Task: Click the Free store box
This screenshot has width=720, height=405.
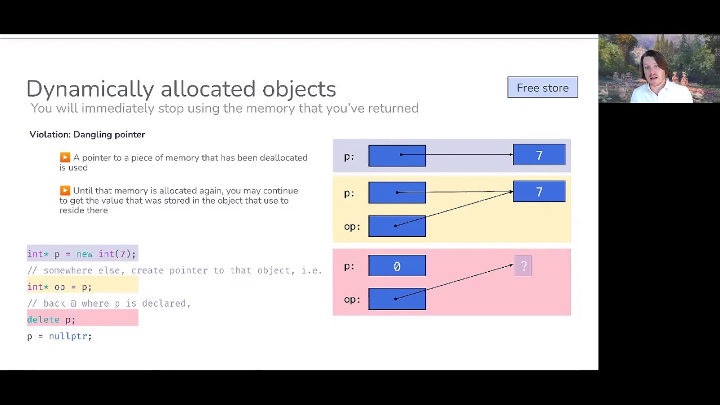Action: (x=543, y=87)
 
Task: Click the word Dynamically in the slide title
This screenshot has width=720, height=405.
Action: (x=91, y=89)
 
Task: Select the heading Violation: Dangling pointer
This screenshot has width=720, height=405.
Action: (x=87, y=134)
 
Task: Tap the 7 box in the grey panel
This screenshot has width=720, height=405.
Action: (x=539, y=155)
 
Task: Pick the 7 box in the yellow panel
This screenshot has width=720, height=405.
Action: (x=539, y=192)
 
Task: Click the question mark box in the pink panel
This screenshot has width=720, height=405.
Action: (x=523, y=265)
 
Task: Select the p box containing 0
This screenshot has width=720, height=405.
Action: (x=397, y=266)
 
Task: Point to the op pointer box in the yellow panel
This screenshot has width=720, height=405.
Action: (x=397, y=226)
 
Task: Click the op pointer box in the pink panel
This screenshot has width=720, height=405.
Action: (x=397, y=299)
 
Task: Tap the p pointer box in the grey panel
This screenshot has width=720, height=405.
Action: (x=397, y=156)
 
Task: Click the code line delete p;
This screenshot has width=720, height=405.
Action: (x=51, y=320)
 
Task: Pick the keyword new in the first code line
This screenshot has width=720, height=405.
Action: (x=84, y=254)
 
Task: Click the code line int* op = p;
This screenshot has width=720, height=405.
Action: (x=60, y=287)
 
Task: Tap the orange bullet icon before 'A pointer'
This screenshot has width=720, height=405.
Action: (x=65, y=157)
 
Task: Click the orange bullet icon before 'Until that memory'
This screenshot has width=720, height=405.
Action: (x=65, y=190)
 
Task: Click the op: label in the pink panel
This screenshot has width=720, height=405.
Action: (x=352, y=300)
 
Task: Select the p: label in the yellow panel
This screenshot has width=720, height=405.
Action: (x=349, y=193)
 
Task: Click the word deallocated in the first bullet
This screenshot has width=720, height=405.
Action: (x=283, y=158)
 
